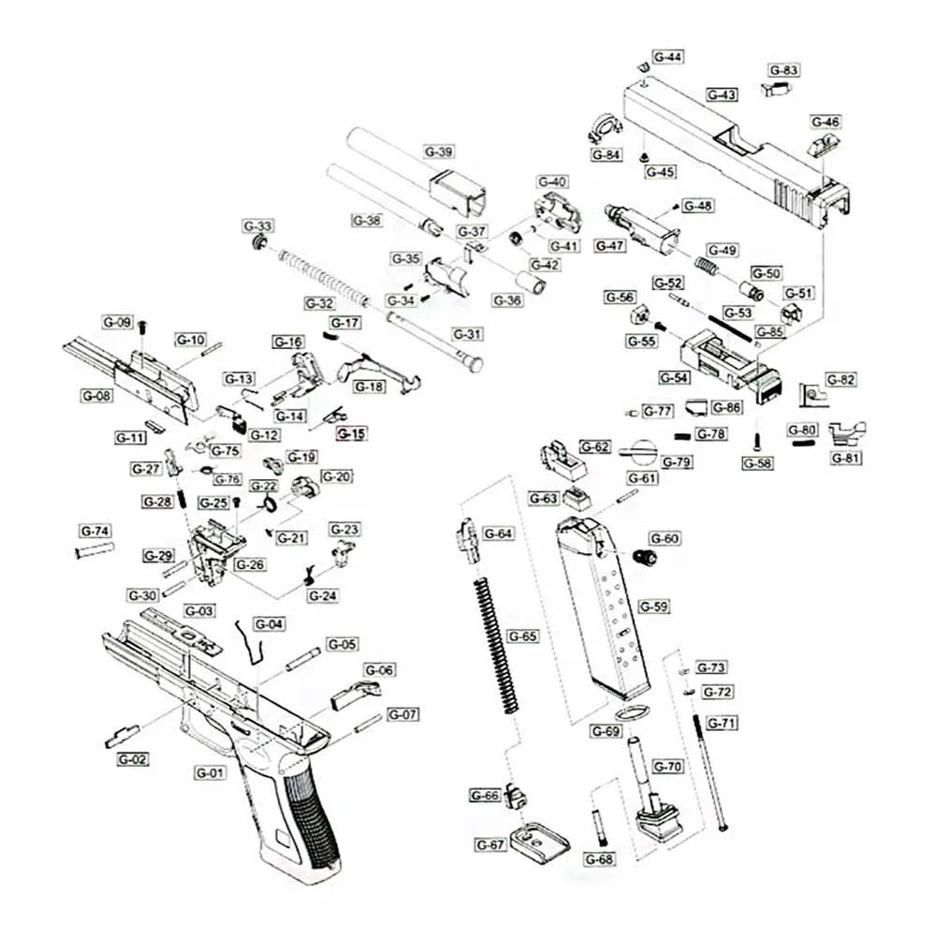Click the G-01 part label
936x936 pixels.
coord(211,773)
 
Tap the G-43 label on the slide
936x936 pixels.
coord(722,95)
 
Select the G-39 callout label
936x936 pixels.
coord(439,152)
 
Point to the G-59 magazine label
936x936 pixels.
coord(653,607)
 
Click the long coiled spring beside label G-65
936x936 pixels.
coord(496,646)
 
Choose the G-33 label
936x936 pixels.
coord(258,227)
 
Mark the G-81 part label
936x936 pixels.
coord(848,458)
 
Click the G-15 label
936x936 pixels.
coord(353,433)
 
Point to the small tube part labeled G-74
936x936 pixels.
coord(94,549)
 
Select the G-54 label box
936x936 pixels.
coord(675,377)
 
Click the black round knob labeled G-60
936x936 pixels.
coord(645,556)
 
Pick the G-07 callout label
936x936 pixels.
coord(402,714)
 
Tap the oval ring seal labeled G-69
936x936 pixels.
coord(635,710)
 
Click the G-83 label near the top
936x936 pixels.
coord(783,70)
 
